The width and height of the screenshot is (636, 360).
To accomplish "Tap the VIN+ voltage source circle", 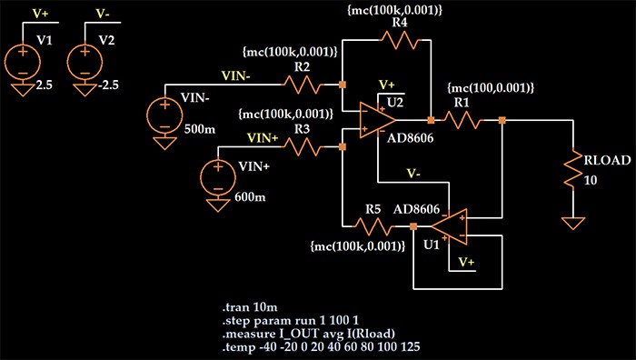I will (219, 175).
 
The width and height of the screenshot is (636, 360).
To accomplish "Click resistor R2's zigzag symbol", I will (303, 85).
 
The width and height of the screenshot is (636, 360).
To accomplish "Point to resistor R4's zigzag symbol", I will (400, 39).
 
